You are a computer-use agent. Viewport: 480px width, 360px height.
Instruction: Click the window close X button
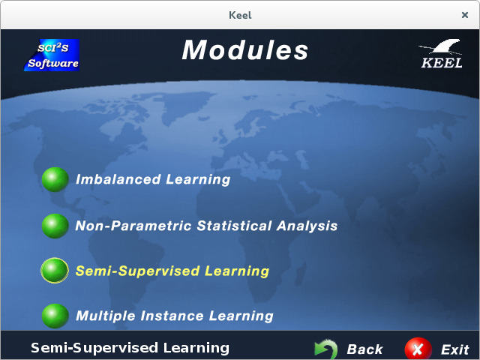point(465,15)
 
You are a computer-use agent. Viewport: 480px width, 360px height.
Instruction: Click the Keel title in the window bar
point(240,15)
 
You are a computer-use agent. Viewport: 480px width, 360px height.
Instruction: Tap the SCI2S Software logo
point(52,55)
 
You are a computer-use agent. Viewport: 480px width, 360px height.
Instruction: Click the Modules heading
point(245,50)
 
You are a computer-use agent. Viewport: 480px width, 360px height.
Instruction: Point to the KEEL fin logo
point(441,53)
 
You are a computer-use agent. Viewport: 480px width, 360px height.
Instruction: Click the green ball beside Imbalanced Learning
point(55,179)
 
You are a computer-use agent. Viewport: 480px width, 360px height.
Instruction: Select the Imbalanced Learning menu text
point(153,179)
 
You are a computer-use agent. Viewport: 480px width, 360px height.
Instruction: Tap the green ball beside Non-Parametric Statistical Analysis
point(55,226)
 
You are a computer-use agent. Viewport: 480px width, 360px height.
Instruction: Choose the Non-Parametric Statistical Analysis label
point(206,226)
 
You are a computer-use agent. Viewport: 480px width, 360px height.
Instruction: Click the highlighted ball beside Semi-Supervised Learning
point(55,270)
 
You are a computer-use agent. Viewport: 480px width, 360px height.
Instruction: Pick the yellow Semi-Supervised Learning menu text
point(172,271)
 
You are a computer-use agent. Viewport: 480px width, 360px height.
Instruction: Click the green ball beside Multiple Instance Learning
point(55,316)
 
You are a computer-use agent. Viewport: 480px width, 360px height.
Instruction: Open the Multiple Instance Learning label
point(175,316)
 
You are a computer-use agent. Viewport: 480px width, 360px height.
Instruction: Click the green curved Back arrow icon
point(326,349)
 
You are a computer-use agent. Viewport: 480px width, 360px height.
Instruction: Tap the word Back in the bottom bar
point(364,349)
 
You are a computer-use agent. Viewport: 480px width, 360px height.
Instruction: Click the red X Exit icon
point(418,349)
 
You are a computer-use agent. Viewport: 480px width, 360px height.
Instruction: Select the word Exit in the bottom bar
point(455,349)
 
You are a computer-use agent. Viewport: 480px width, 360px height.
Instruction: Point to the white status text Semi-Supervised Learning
point(130,348)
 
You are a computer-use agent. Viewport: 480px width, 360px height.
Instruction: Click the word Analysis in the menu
point(307,226)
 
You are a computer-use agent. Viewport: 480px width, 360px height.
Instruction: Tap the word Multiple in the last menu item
point(106,316)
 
